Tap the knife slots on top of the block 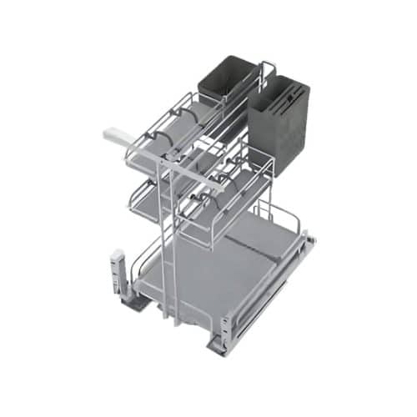[281, 86]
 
